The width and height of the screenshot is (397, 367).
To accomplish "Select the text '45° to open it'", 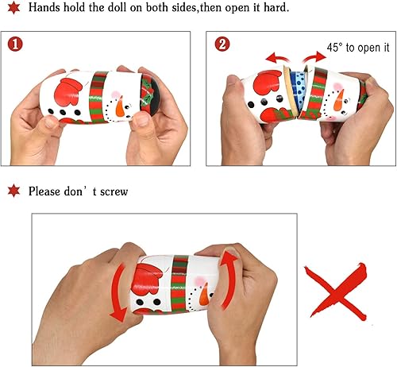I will pyautogui.click(x=349, y=46).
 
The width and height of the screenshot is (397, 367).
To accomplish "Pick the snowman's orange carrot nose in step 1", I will pyautogui.click(x=120, y=106).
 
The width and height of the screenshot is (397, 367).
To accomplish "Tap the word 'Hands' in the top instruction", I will pyautogui.click(x=44, y=8).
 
